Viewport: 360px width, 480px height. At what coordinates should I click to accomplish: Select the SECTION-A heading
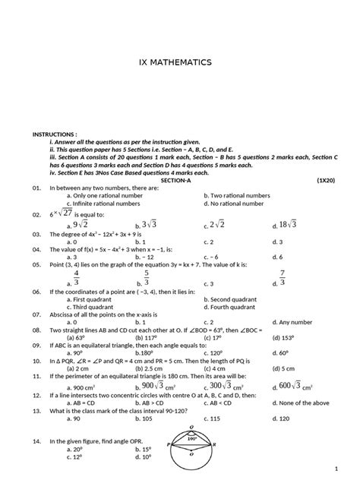pyautogui.click(x=180, y=179)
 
